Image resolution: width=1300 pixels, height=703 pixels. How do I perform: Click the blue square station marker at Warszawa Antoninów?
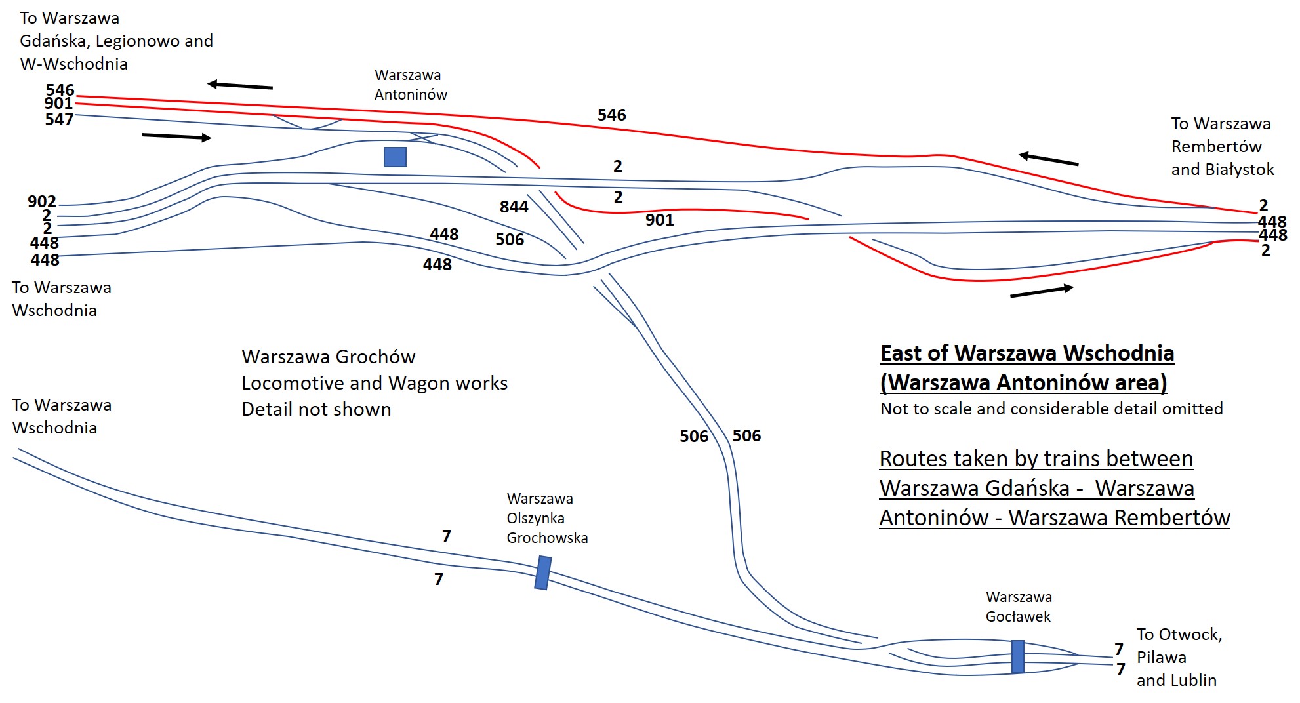point(395,157)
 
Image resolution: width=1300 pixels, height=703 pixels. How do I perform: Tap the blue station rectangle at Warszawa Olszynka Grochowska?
point(542,573)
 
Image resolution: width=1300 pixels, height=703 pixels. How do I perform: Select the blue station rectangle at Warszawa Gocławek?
point(1017,656)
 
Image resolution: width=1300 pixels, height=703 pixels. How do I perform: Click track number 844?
point(514,207)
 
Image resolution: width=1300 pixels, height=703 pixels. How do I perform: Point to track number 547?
point(59,119)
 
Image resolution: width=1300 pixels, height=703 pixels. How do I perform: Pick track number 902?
point(42,202)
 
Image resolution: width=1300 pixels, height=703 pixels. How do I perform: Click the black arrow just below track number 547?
point(176,136)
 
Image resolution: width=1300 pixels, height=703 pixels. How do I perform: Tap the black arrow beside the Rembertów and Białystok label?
point(1048,159)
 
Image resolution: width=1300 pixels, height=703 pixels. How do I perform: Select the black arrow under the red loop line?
point(1042,292)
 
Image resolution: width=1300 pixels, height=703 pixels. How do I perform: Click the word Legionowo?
point(137,41)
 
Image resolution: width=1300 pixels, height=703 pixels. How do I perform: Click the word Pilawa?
point(1161,658)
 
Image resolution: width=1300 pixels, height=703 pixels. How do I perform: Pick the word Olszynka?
point(535,519)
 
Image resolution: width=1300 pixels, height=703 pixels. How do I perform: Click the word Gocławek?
point(1018,616)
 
